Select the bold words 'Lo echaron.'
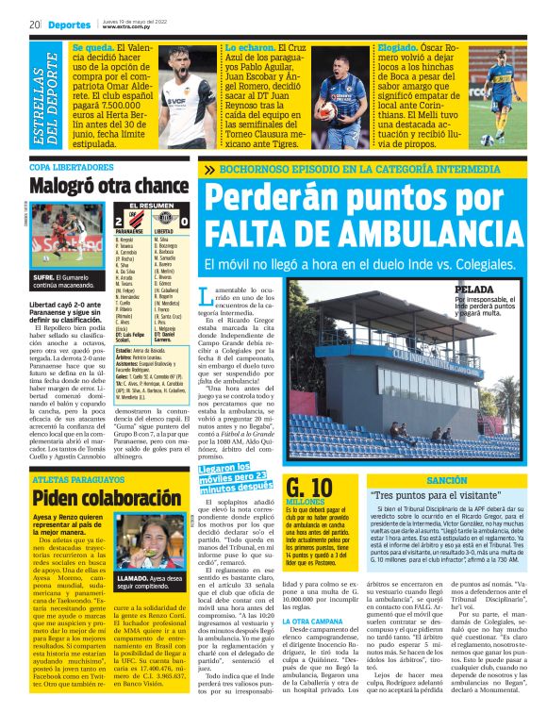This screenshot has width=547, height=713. click(246, 45)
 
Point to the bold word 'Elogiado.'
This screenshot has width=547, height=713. click(402, 45)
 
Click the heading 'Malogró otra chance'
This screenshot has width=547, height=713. click(109, 185)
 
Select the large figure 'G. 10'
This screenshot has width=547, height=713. click(310, 487)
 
